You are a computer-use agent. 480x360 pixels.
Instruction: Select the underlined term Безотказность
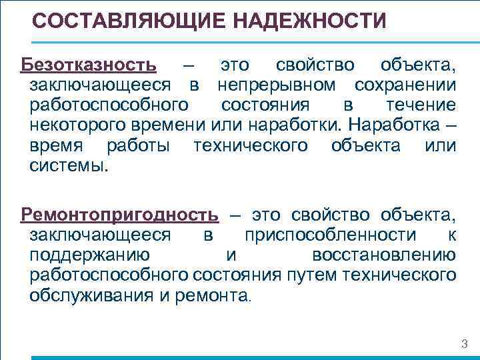click(x=89, y=65)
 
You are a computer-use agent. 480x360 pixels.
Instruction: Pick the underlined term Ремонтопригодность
click(x=119, y=215)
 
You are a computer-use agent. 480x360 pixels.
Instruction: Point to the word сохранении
click(x=405, y=85)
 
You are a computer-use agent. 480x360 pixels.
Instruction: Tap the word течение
click(x=421, y=105)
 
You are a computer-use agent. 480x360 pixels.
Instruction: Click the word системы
click(x=68, y=165)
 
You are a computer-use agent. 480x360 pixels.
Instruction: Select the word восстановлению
click(x=383, y=255)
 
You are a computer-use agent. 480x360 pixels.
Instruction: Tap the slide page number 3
click(x=465, y=344)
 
